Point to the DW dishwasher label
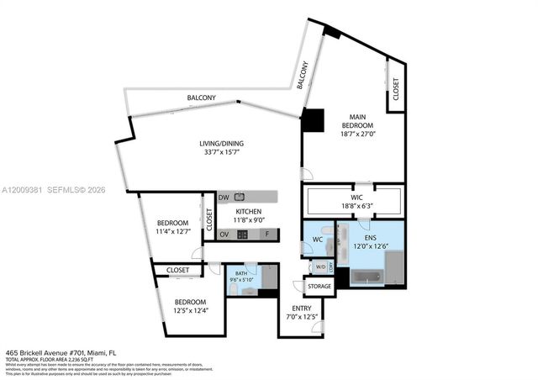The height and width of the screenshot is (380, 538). pyautogui.click(x=224, y=198)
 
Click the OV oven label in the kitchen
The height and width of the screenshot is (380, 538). pyautogui.click(x=224, y=235)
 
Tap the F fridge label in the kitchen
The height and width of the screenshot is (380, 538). pyautogui.click(x=267, y=235)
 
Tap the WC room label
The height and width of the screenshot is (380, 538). pyautogui.click(x=318, y=240)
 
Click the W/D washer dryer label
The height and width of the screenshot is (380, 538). pyautogui.click(x=320, y=267)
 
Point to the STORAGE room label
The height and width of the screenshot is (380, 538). pyautogui.click(x=319, y=288)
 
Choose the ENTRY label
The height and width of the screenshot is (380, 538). pyautogui.click(x=301, y=309)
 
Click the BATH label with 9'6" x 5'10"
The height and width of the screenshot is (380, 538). pyautogui.click(x=240, y=272)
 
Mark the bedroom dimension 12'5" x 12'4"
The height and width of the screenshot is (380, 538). pyautogui.click(x=191, y=311)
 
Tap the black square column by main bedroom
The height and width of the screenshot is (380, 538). pyautogui.click(x=312, y=120)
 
